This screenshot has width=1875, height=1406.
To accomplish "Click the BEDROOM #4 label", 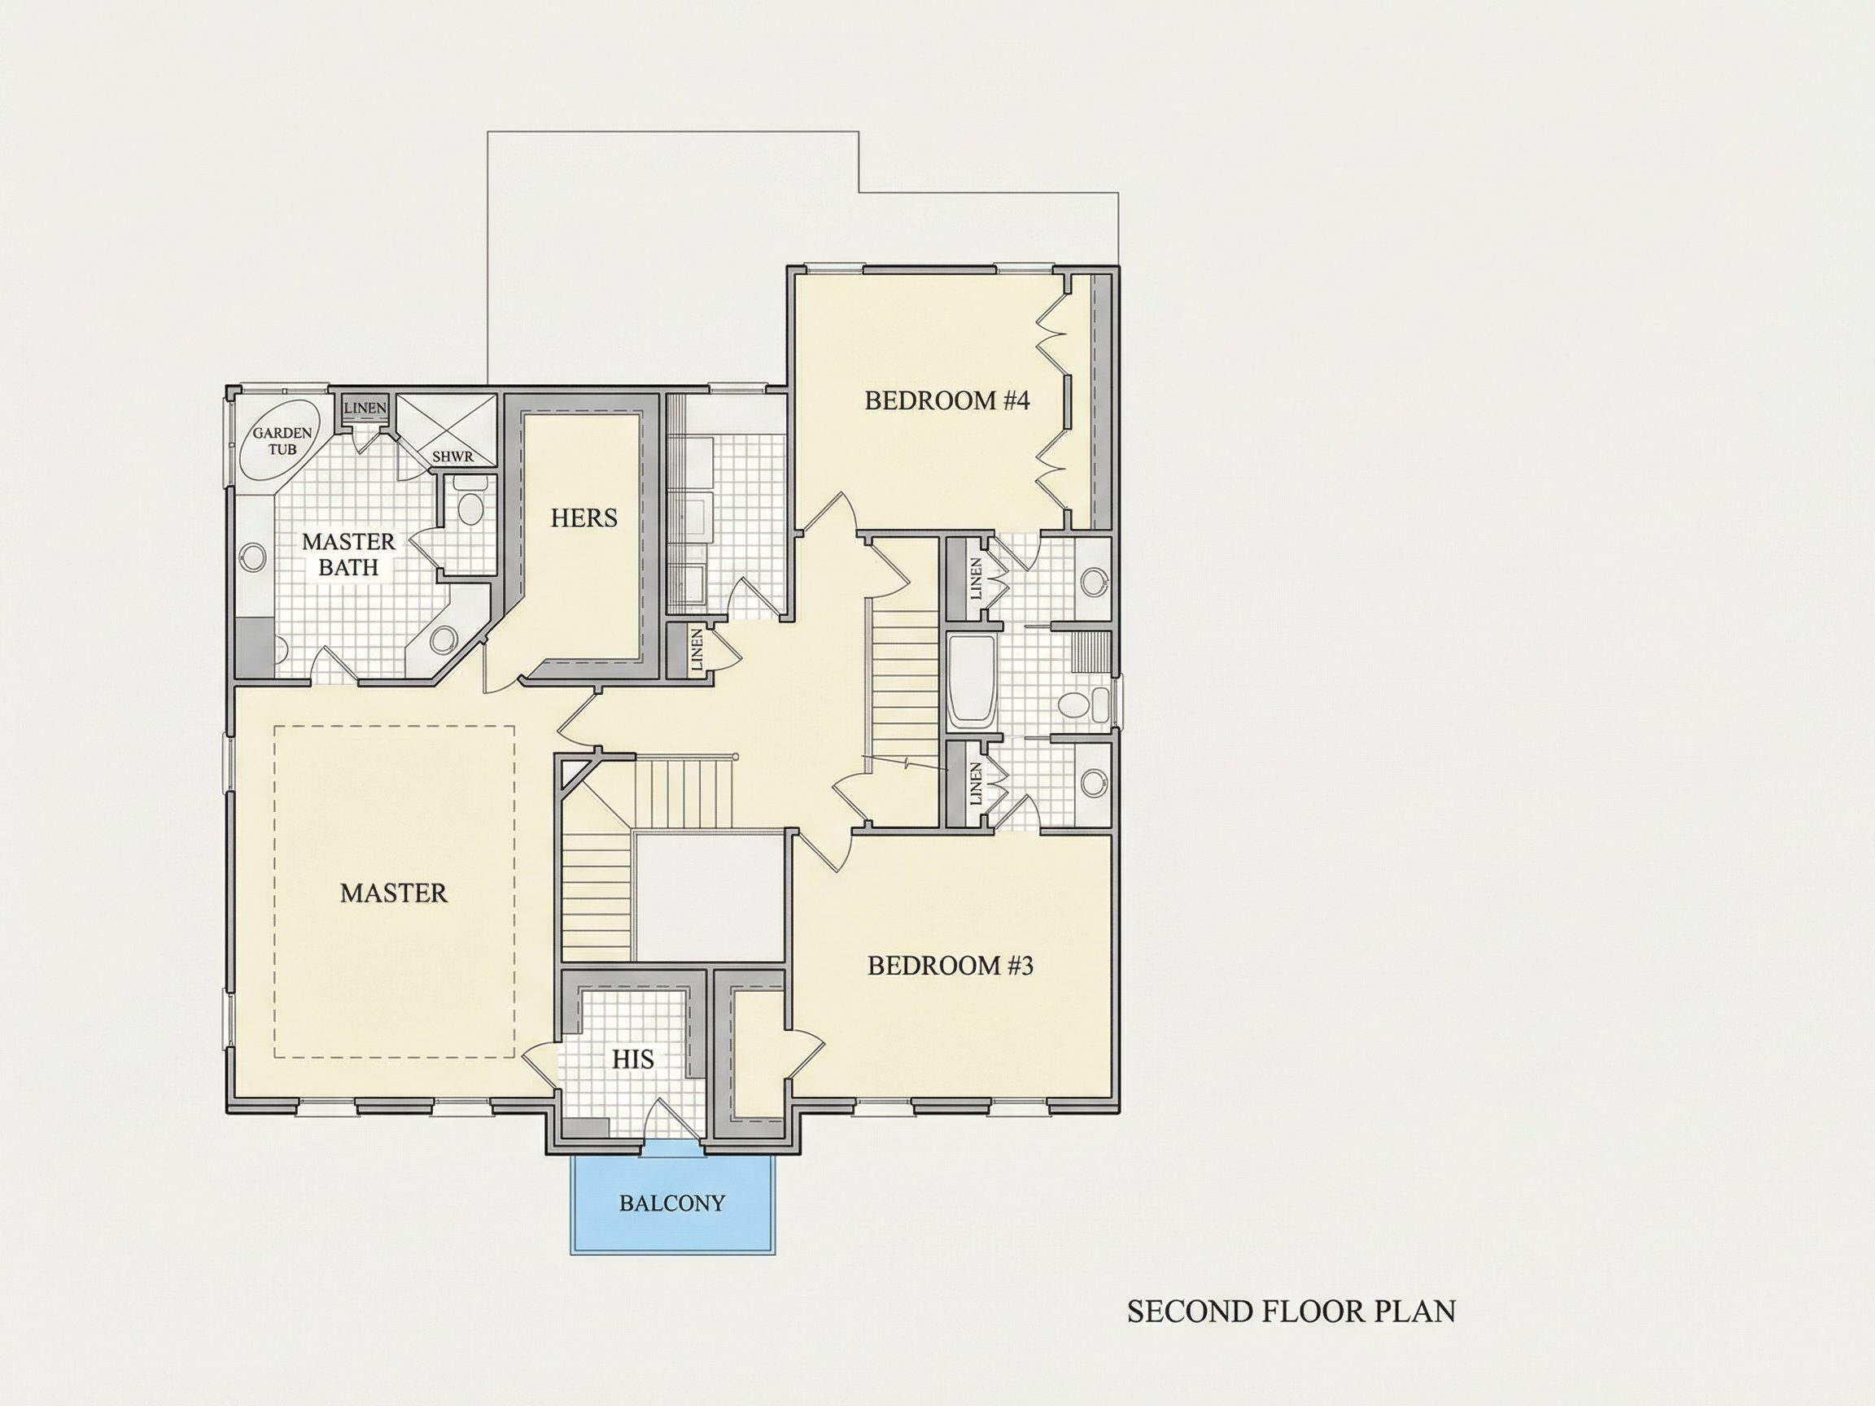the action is [946, 400].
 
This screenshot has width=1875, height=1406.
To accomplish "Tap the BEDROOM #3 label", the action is [951, 965].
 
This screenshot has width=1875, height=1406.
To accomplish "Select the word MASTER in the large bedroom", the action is [393, 893].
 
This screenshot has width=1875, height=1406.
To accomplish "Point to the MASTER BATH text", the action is [348, 554].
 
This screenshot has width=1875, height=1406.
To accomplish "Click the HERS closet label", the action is [584, 517].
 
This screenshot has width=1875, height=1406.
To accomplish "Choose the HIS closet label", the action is [633, 1059].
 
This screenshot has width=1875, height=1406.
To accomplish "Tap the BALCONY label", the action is [672, 1203].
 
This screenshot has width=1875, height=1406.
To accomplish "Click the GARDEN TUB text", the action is [282, 441].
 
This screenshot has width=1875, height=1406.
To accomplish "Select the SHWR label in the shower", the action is [452, 456].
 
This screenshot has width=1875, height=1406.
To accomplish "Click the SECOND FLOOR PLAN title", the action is [1292, 1311].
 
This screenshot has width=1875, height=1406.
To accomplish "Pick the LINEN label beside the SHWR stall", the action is [365, 408].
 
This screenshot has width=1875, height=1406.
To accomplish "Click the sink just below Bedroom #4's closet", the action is [1095, 580].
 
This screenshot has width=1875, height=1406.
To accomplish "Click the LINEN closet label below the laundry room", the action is [697, 649].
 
